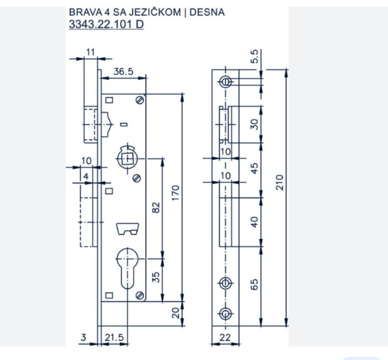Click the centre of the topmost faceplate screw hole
point(225,82)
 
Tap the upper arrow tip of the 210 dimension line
point(286,70)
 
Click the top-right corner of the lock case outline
point(146,94)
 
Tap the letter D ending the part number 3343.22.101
point(140,24)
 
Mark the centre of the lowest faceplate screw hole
point(225,314)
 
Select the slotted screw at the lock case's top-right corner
point(140,100)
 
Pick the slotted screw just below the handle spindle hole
point(137,178)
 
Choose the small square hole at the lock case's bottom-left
point(109,296)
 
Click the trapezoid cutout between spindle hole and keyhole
point(128,229)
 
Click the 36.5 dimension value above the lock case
point(123,72)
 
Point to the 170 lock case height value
point(175,193)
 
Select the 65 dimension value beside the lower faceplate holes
point(254,284)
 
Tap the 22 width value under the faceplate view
point(225,338)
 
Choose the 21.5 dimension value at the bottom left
point(114,338)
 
